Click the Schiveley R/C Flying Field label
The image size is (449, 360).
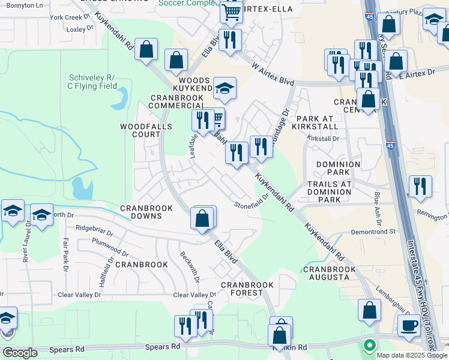tap(92, 82)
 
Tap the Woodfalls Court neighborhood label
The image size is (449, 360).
tap(146, 131)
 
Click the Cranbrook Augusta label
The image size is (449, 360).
tap(330, 274)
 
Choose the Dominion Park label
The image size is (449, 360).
tap(338, 169)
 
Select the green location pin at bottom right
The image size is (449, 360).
tap(369, 346)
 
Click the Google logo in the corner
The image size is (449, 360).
tap(19, 353)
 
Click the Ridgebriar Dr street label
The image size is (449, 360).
tap(98, 228)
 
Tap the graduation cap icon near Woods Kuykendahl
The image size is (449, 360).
tap(224, 89)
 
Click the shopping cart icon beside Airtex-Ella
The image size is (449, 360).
tap(231, 11)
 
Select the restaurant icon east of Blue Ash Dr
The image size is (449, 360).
tap(420, 186)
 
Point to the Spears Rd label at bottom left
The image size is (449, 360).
tap(166, 347)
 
